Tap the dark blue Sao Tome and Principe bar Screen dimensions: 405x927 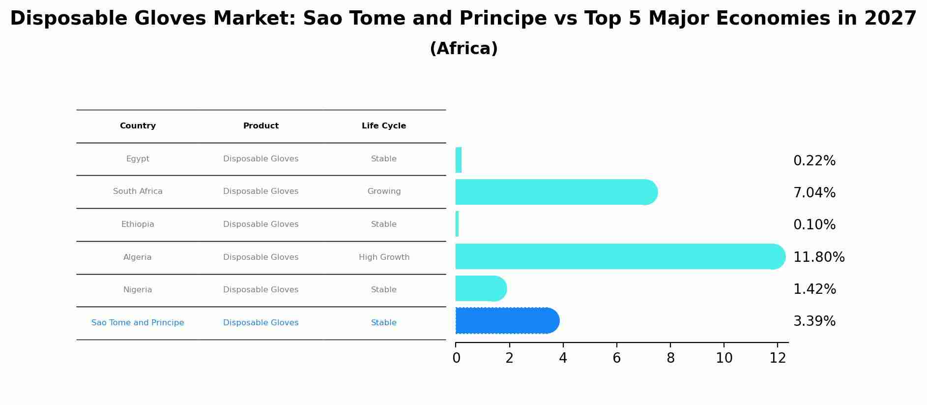point(506,321)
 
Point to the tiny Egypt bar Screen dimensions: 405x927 point(459,160)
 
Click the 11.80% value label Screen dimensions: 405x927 point(819,257)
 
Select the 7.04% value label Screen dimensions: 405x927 point(814,193)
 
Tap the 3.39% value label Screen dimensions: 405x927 point(814,321)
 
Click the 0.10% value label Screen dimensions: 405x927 point(814,225)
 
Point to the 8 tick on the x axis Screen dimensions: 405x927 point(670,358)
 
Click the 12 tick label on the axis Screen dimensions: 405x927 point(778,358)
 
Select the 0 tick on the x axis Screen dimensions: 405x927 point(456,358)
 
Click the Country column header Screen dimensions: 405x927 point(138,126)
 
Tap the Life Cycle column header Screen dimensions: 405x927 point(384,126)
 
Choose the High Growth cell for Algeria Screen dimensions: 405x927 point(384,257)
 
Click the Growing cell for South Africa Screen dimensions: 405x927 point(384,191)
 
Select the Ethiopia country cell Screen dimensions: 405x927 point(138,224)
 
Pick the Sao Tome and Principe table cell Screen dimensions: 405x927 point(138,323)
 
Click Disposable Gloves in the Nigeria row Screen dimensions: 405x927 point(261,290)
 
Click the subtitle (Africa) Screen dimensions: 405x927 point(463,49)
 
